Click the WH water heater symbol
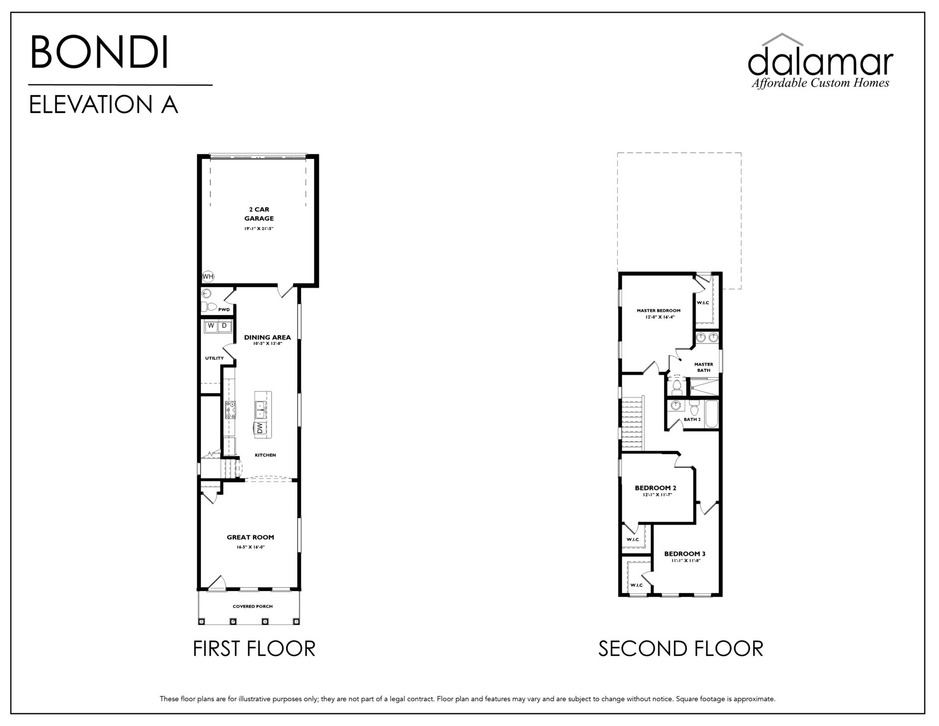pos(208,276)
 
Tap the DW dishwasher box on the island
pos(260,428)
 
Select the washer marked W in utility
pos(211,326)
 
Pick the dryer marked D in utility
pos(224,326)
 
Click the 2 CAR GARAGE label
pos(259,214)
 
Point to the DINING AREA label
pos(268,337)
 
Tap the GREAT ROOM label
pos(250,537)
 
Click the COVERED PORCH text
pos(252,607)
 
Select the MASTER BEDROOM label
pos(658,311)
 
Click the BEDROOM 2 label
pos(656,488)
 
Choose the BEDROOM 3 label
pos(685,554)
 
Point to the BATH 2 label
pos(692,419)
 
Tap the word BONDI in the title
pos(100,52)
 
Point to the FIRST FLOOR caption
pos(254,649)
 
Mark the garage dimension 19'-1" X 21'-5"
pos(259,228)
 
